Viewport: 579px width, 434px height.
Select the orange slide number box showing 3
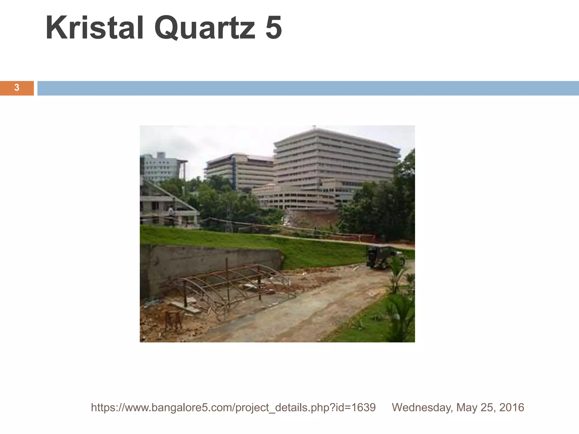click(17, 88)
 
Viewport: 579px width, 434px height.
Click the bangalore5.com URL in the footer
click(233, 407)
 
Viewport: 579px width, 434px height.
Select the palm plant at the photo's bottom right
click(400, 314)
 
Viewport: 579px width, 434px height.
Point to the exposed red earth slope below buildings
click(314, 219)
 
